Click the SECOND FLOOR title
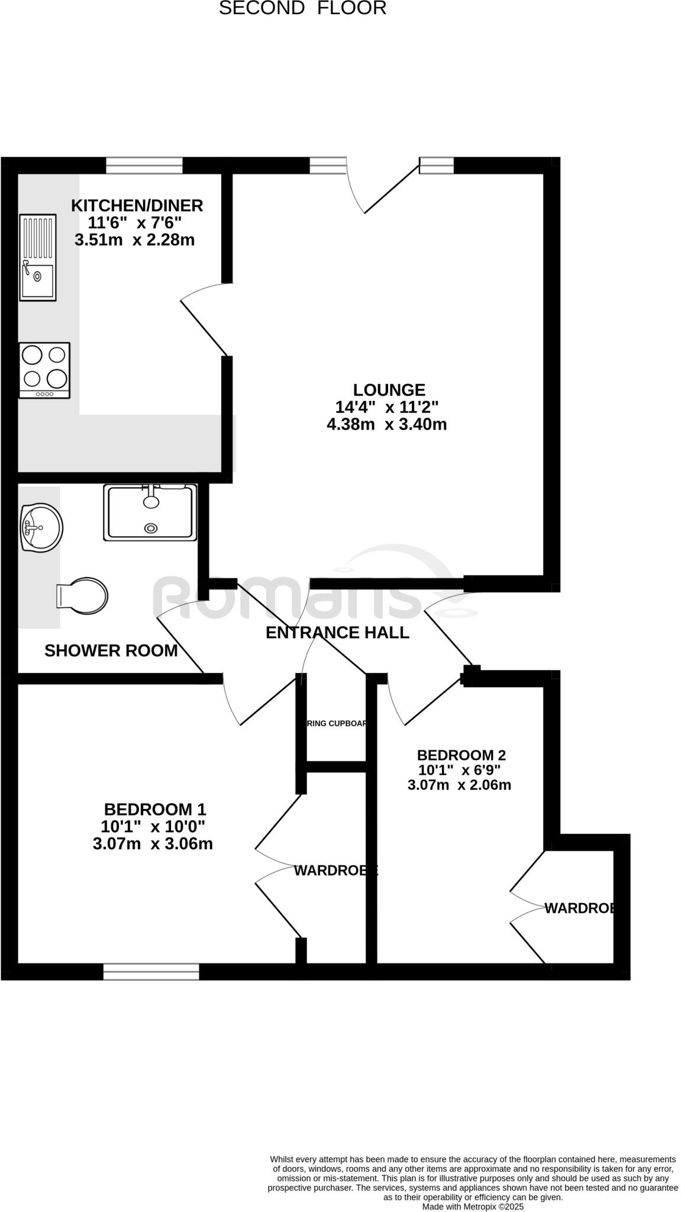302,8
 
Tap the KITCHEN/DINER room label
137,205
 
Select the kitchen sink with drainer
38,257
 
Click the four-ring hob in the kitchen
44,370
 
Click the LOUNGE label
389,390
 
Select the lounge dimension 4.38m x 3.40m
386,424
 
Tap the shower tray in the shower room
150,512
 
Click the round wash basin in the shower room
41,527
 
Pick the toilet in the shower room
82,595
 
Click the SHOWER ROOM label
111,651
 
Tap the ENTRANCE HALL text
337,633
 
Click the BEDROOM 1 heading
155,809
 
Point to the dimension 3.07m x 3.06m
153,844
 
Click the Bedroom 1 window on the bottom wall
151,971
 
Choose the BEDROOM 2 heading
461,755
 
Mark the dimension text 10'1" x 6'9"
460,770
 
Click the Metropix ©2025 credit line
473,1207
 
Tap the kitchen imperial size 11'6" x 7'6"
134,223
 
